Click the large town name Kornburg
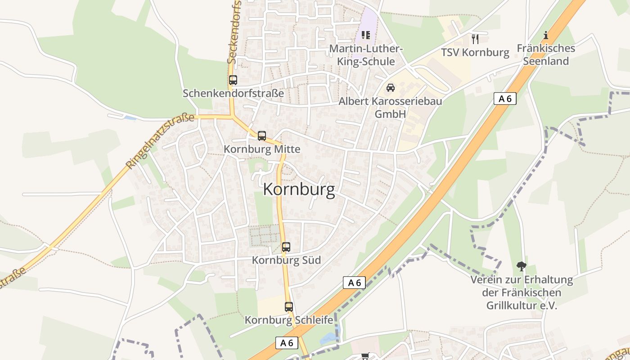tap(299, 190)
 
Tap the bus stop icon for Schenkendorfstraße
tap(233, 80)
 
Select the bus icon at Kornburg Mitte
tap(262, 135)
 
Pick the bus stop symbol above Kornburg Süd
tap(286, 247)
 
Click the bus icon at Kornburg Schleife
tap(289, 307)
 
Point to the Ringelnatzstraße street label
tap(160, 141)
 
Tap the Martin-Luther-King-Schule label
tap(366, 55)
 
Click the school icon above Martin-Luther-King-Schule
tap(365, 35)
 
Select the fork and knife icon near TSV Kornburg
tap(475, 39)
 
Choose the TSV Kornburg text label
tap(475, 53)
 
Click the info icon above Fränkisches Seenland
tap(546, 35)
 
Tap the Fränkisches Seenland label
tap(546, 54)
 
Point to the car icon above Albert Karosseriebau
tap(391, 87)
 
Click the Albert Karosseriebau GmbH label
tap(390, 108)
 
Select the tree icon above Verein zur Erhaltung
tap(521, 266)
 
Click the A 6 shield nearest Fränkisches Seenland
tap(505, 99)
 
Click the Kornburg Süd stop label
tap(286, 260)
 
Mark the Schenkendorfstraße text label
tap(233, 93)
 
